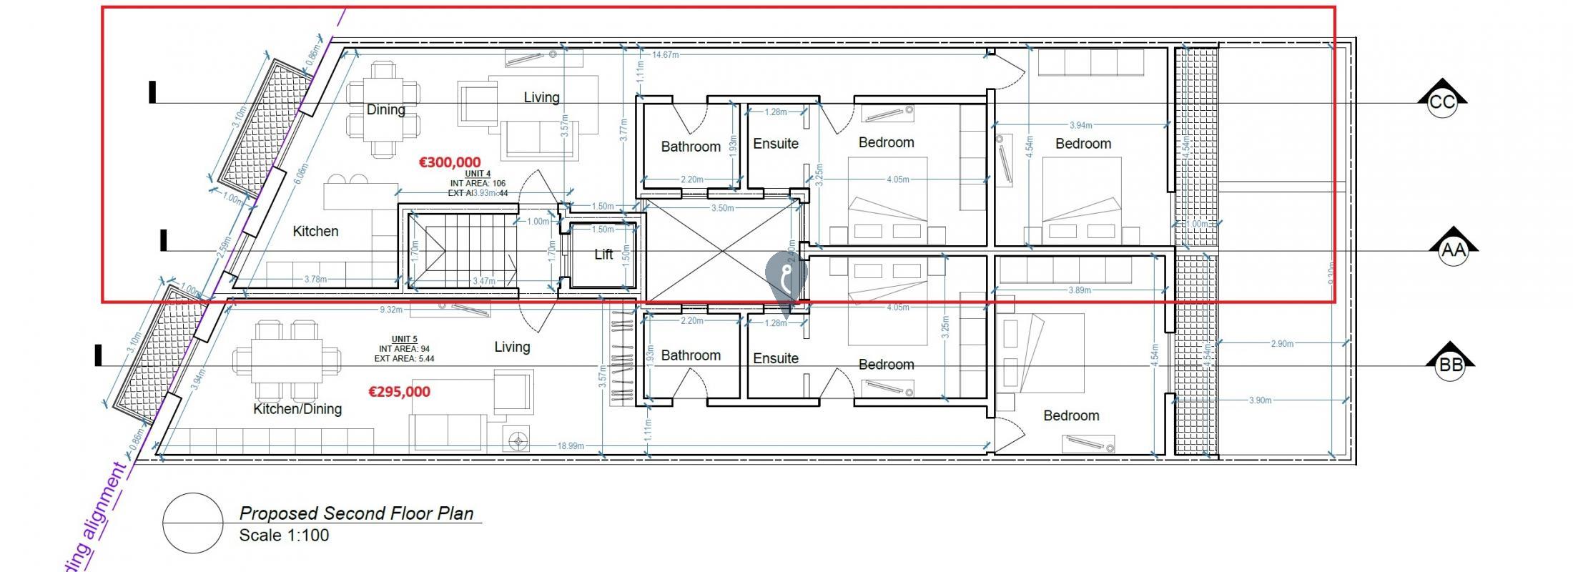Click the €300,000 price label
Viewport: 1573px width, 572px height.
[450, 163]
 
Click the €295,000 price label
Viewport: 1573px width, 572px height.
[399, 392]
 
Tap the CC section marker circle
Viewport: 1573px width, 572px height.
[1441, 102]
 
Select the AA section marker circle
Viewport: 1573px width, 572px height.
[1452, 250]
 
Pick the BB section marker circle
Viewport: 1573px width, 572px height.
[1450, 365]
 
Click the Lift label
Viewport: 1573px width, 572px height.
[603, 255]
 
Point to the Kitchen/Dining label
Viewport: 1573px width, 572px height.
[297, 409]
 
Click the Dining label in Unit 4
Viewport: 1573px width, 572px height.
[385, 109]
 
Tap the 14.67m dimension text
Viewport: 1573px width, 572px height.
[665, 54]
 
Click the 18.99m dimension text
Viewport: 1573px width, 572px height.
[571, 446]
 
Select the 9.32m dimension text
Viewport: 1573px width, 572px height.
[390, 310]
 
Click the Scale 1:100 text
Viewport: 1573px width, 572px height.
[284, 536]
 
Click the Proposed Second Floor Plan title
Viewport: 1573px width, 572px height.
[356, 513]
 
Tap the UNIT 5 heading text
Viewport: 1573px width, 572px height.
[404, 339]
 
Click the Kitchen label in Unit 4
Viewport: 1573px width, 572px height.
[315, 231]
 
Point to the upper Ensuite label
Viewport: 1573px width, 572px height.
[775, 144]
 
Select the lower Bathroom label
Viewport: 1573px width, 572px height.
[690, 355]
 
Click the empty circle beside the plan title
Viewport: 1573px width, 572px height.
[192, 523]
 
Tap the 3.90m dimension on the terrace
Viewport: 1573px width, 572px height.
[1260, 400]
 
